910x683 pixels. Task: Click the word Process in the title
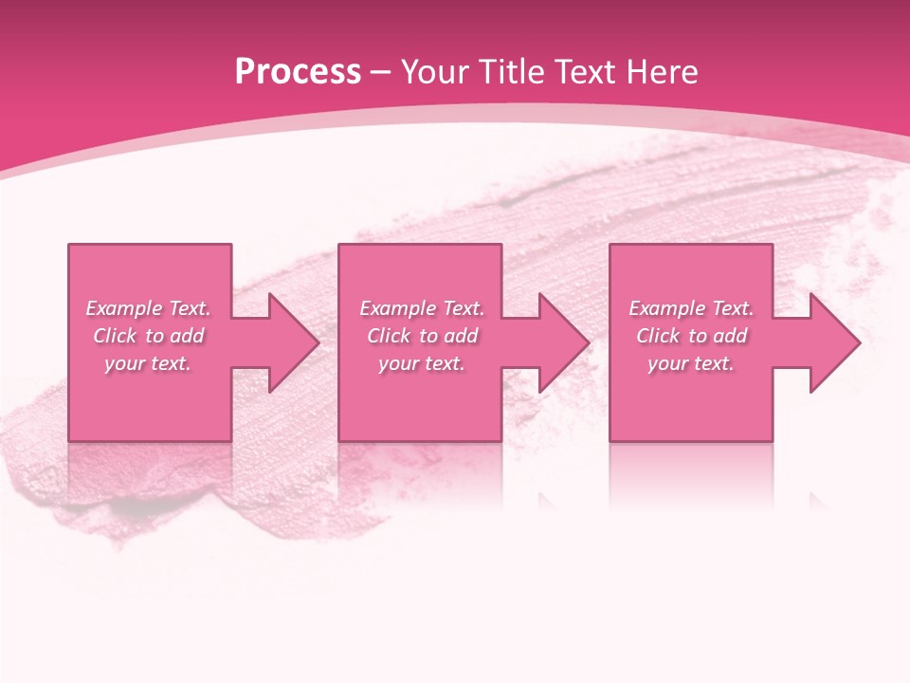click(x=298, y=72)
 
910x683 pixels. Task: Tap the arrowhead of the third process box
click(x=833, y=342)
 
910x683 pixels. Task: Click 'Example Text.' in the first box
click(x=148, y=308)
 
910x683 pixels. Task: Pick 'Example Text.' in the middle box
click(x=422, y=308)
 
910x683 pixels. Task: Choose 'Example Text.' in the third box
click(x=691, y=308)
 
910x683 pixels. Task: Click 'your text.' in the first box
click(x=148, y=363)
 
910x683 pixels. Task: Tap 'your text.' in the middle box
click(x=422, y=363)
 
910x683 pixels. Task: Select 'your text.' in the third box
click(x=691, y=363)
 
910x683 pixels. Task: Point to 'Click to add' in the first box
click(x=148, y=336)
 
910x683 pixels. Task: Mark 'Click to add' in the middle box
click(x=422, y=336)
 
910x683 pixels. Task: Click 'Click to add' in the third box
click(x=691, y=336)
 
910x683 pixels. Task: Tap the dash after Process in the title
click(x=381, y=72)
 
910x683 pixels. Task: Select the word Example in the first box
click(x=124, y=308)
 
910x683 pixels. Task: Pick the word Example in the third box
click(x=667, y=308)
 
